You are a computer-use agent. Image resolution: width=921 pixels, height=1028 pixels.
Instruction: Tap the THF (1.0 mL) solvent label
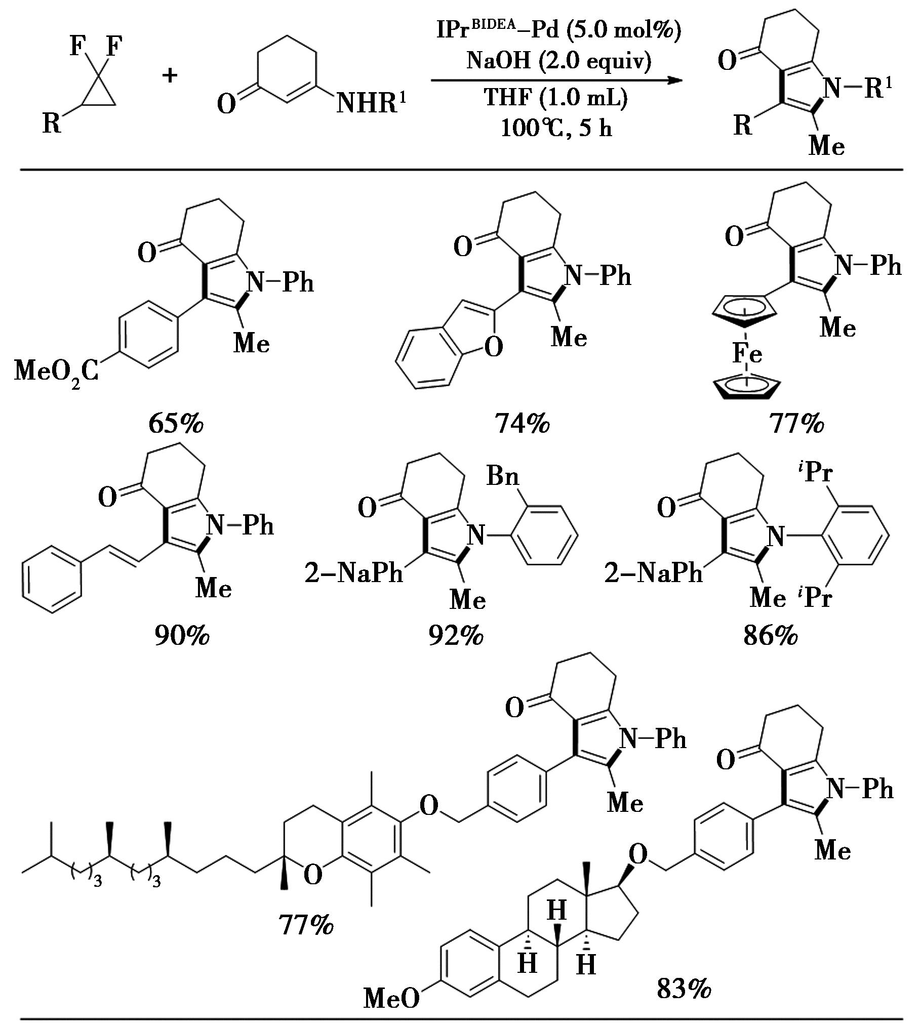click(x=556, y=97)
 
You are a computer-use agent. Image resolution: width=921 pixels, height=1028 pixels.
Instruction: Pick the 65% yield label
click(x=175, y=424)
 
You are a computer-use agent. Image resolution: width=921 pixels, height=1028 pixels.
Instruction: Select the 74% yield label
click(x=522, y=424)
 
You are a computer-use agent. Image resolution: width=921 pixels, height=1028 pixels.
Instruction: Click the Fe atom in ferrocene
click(x=747, y=353)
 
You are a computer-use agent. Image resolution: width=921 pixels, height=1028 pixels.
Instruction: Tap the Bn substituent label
click(x=502, y=476)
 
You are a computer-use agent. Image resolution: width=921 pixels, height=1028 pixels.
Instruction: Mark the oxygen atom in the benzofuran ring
click(x=494, y=347)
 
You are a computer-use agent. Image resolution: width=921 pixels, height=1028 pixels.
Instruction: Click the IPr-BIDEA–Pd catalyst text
click(x=558, y=30)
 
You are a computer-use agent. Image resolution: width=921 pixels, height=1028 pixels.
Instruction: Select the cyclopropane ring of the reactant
click(x=99, y=94)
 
